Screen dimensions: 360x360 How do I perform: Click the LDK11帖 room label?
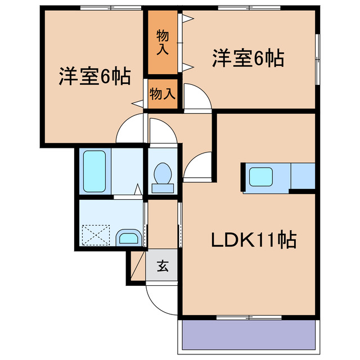pyautogui.click(x=254, y=241)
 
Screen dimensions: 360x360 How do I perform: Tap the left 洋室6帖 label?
pyautogui.click(x=95, y=75)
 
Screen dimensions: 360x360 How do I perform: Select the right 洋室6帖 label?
pyautogui.click(x=247, y=58)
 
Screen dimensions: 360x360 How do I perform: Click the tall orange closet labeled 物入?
pyautogui.click(x=162, y=42)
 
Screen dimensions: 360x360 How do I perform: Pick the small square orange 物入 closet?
pyautogui.click(x=162, y=93)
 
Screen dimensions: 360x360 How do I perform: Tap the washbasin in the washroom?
pyautogui.click(x=129, y=238)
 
